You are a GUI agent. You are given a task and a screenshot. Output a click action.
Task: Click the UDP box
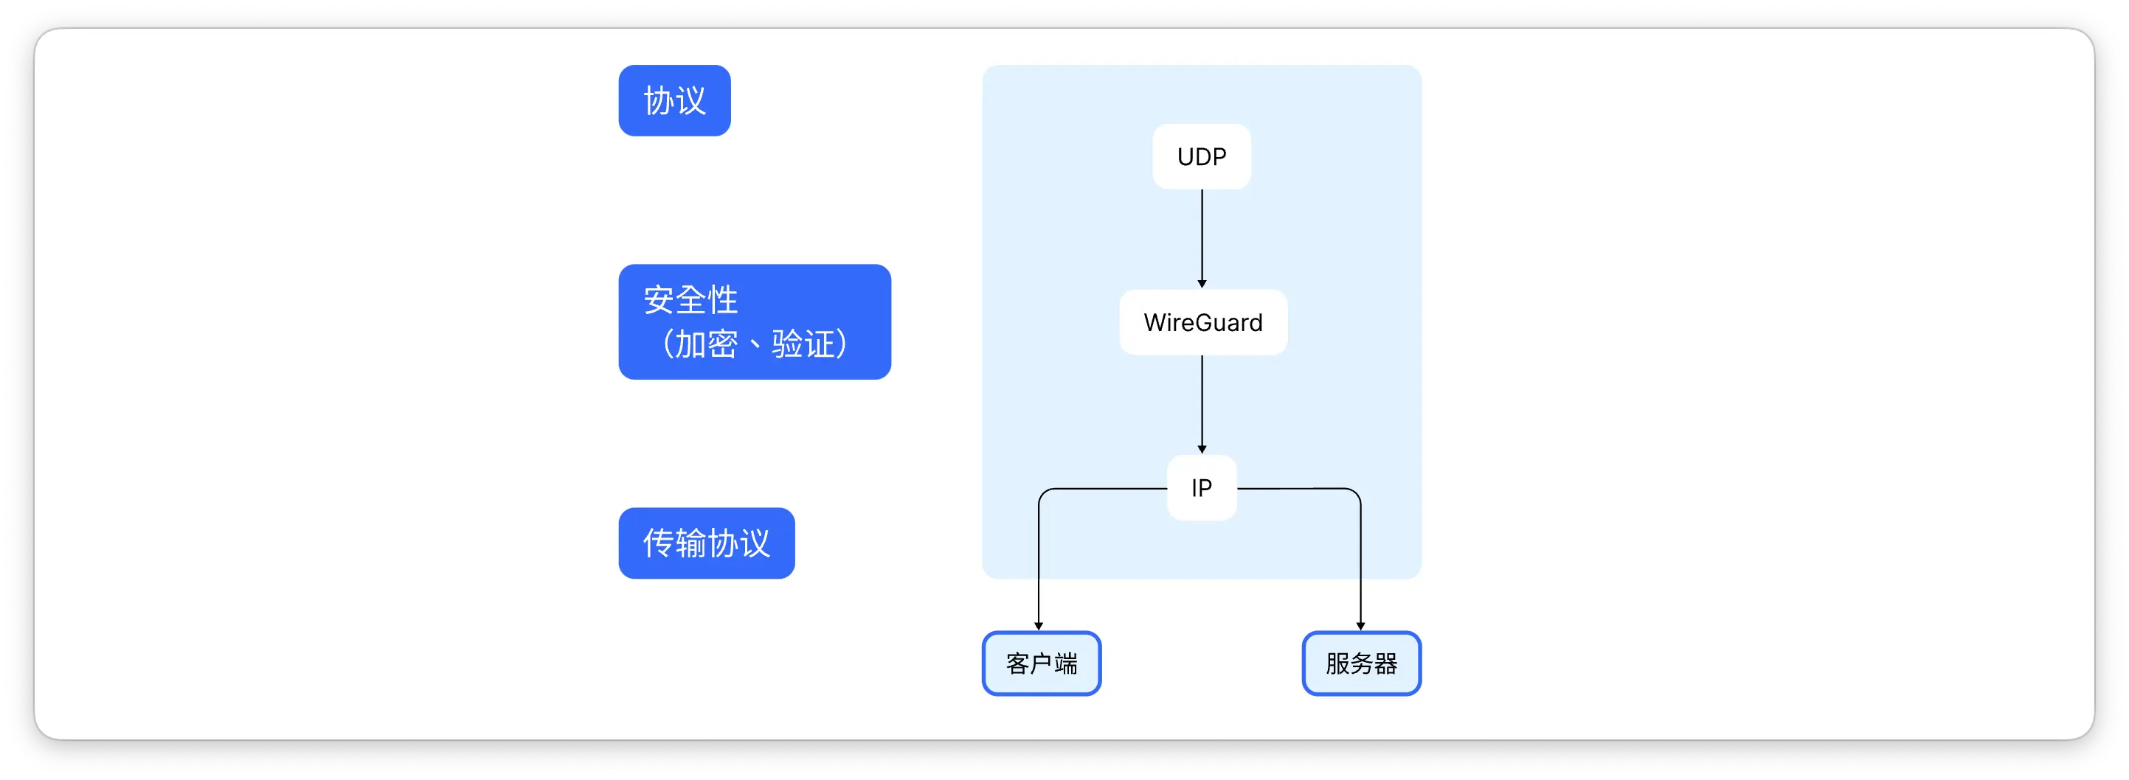(x=1201, y=156)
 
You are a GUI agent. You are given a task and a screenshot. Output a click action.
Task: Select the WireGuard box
(x=1202, y=322)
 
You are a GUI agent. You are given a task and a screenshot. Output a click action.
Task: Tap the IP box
(x=1201, y=487)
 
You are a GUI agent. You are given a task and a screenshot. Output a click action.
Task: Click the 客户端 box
(x=1042, y=664)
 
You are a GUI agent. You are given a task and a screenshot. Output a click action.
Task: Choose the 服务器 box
(x=1360, y=664)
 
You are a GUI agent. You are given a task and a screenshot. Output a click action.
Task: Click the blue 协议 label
(x=674, y=101)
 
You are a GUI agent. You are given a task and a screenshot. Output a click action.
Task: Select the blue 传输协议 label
(x=706, y=543)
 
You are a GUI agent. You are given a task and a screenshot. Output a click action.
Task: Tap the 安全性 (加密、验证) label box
(x=754, y=321)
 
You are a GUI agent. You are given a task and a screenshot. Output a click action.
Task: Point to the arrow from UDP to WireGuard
(x=1202, y=235)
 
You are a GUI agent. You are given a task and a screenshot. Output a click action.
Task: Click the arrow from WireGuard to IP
(x=1202, y=403)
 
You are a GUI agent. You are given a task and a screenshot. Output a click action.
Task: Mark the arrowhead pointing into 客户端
(x=1039, y=625)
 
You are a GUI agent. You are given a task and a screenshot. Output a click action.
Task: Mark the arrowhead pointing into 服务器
(x=1360, y=625)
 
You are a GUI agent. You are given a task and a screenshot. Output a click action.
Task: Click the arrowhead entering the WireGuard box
(x=1202, y=283)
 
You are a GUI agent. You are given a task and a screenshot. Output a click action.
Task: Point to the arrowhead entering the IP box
(x=1202, y=449)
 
